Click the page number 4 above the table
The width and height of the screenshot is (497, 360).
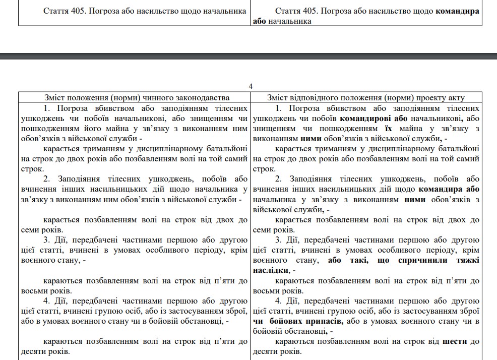[x=251, y=86]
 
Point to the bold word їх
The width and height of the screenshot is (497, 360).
[x=388, y=129]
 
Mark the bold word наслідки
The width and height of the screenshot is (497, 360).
[x=270, y=271]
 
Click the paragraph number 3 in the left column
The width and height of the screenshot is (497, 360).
[x=45, y=240]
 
